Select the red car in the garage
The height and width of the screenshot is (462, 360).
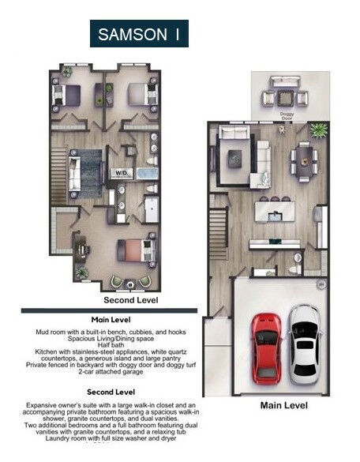click(x=265, y=347)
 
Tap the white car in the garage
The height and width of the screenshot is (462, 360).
click(x=304, y=344)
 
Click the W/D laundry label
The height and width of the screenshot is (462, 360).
click(x=122, y=171)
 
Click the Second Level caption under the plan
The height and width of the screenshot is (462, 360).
click(x=131, y=300)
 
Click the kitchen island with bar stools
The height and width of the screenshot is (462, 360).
click(x=277, y=212)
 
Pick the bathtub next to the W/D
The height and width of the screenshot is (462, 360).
click(x=147, y=172)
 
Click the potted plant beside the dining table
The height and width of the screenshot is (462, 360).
click(x=318, y=129)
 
